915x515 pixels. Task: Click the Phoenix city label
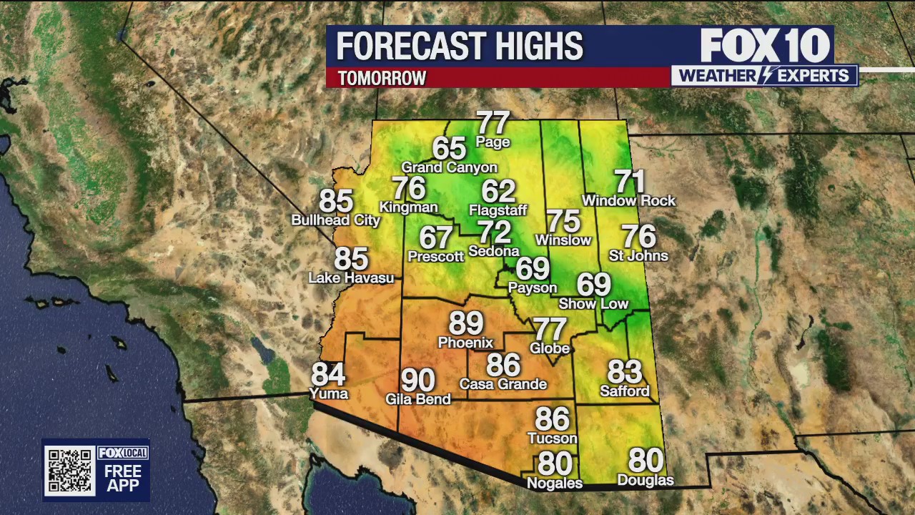(x=465, y=343)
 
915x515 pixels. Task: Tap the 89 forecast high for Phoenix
(x=465, y=323)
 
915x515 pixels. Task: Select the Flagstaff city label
(x=498, y=210)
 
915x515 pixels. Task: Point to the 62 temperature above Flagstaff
(x=498, y=191)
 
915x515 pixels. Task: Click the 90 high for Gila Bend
(x=417, y=380)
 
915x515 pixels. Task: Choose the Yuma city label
(x=328, y=393)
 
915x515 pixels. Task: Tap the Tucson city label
(x=552, y=438)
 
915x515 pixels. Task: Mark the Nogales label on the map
(x=554, y=484)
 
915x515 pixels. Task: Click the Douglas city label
(x=645, y=480)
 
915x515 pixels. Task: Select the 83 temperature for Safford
(x=624, y=372)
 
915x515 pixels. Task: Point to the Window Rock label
(x=628, y=201)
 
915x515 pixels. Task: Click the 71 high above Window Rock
(x=629, y=182)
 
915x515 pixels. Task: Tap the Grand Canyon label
(x=449, y=167)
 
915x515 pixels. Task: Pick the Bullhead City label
(x=335, y=220)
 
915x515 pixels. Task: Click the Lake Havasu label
(x=351, y=278)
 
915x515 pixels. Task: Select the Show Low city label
(x=593, y=304)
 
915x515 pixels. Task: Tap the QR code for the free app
(x=69, y=470)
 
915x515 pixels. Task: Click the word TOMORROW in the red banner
(x=382, y=78)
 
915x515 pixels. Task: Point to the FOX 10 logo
(x=764, y=46)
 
